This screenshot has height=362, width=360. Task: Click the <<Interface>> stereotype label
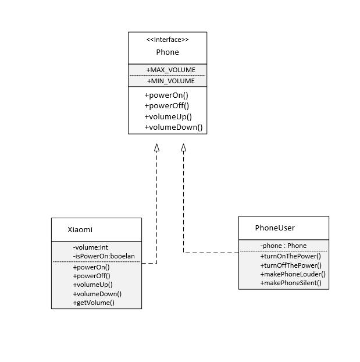[x=167, y=40]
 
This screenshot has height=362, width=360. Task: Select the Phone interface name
[x=167, y=52]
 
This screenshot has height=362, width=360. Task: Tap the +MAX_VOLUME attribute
[x=170, y=70]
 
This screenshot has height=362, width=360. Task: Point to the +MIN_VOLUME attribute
[x=170, y=81]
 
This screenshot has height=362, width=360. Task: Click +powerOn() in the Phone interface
[x=166, y=95]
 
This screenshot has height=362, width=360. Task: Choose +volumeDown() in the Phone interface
[x=173, y=127]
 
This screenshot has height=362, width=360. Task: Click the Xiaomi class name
[x=80, y=230]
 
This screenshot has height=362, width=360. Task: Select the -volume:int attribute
[x=90, y=247]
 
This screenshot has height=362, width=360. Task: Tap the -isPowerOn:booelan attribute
[x=104, y=256]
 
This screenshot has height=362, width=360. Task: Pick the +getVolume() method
[x=94, y=303]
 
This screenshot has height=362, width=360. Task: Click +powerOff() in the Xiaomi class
[x=91, y=276]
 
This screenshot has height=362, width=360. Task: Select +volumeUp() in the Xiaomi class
[x=92, y=285]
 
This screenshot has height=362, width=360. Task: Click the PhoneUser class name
[x=275, y=228]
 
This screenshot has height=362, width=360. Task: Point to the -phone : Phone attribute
[x=283, y=246]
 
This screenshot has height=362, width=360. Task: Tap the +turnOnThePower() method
[x=290, y=256]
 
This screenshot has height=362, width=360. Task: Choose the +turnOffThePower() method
[x=291, y=265]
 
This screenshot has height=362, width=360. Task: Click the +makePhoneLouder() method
[x=293, y=274]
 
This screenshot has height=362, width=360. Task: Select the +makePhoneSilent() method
[x=291, y=283]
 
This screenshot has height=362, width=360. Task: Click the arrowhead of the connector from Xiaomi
[x=156, y=148]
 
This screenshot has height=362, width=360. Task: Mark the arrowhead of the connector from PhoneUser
[x=183, y=148]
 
